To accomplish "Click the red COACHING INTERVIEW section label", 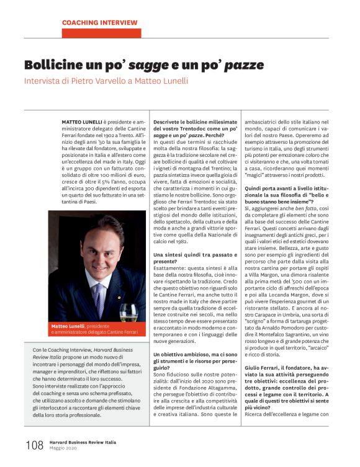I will click(99, 23).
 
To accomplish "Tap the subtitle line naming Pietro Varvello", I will click(105, 81).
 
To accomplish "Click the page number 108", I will click(34, 445).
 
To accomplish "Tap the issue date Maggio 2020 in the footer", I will click(64, 448).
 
